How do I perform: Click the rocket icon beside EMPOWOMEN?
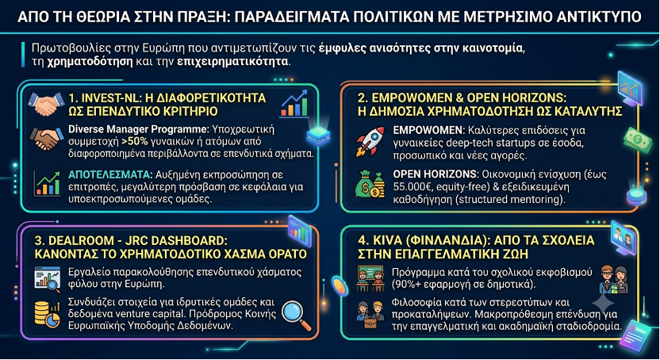(370, 142)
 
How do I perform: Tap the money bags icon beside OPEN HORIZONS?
(370, 184)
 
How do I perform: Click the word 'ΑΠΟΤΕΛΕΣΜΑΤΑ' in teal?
(110, 174)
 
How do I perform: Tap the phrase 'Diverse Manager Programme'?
(139, 129)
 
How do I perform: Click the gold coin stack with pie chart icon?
(47, 314)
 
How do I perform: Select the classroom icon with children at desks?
(370, 278)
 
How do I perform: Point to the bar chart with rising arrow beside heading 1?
(294, 103)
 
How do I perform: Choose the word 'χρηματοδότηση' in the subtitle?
(90, 61)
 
